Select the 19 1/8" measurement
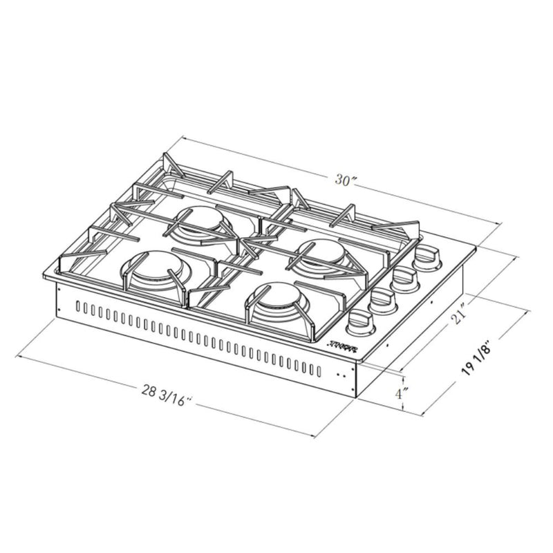coord(478,359)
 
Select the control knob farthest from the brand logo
coord(427,259)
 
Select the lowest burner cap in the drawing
coord(279,303)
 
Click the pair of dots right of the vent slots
coord(341,374)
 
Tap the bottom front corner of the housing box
coord(354,397)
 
